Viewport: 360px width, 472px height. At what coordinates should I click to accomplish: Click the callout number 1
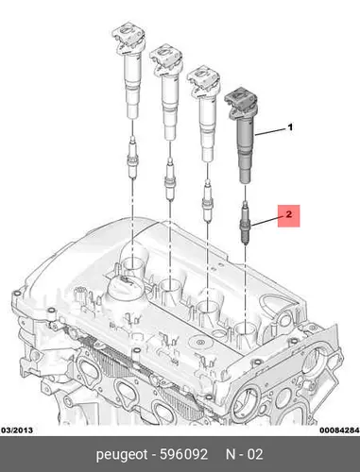click(290, 127)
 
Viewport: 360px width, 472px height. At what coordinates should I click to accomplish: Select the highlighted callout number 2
click(288, 215)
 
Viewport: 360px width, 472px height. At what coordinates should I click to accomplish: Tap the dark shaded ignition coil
click(242, 135)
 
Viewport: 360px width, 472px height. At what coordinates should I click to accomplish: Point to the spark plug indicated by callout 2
click(245, 224)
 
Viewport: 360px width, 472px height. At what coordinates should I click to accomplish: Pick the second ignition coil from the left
click(167, 92)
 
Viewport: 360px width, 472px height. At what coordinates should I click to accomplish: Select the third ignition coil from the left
click(205, 113)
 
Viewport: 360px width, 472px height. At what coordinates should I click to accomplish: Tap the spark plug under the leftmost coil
click(132, 158)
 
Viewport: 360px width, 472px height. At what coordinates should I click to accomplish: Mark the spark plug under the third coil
click(208, 201)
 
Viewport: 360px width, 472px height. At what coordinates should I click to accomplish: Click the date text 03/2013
click(17, 430)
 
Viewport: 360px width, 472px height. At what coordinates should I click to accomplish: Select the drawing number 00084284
click(339, 430)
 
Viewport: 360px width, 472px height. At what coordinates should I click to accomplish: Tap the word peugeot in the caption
click(122, 455)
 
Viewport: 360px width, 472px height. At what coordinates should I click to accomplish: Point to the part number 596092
click(183, 454)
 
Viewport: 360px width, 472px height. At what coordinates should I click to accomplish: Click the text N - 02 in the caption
click(244, 454)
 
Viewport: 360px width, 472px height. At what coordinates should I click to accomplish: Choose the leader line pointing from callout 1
click(270, 131)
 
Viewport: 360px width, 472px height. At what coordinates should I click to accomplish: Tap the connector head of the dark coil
click(241, 99)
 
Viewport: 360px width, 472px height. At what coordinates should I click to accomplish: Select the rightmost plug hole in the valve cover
click(245, 329)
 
